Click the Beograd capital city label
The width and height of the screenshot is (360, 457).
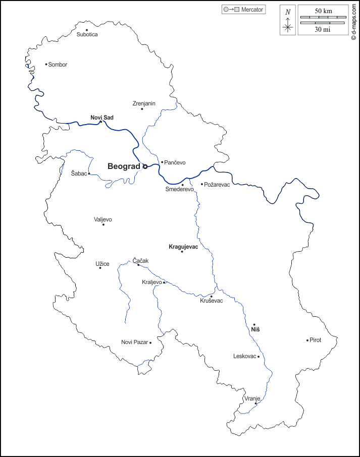124,166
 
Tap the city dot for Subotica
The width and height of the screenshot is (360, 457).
87,30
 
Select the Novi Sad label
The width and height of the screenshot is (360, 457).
102,118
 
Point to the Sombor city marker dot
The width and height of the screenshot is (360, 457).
46,64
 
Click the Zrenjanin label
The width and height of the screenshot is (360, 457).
144,103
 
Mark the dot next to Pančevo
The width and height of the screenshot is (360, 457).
162,162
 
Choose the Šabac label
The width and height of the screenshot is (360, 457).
79,173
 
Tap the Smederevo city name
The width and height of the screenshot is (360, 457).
180,189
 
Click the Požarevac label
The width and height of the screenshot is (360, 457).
217,185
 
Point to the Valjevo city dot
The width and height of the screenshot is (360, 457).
104,224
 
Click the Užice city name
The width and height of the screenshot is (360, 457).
102,263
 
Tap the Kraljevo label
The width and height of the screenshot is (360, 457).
152,282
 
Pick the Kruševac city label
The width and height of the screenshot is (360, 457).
212,301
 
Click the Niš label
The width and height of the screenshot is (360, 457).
255,329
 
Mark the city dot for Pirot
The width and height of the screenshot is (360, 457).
307,340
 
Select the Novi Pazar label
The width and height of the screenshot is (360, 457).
135,342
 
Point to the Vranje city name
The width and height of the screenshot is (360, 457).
252,398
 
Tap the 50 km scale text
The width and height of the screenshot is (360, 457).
323,11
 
